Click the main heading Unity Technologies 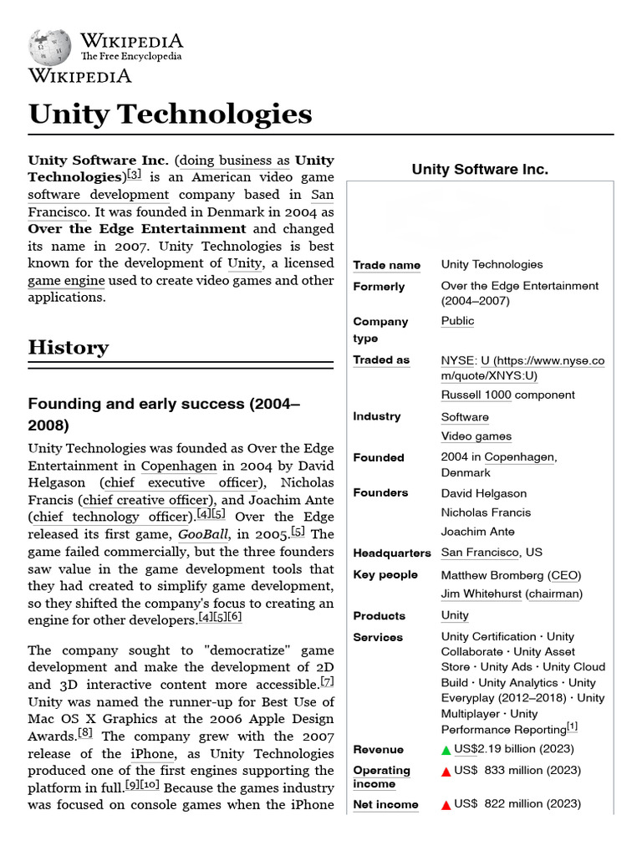[171, 114]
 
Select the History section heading [69, 348]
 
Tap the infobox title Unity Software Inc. [480, 170]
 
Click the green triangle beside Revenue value [446, 750]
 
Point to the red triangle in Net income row [446, 804]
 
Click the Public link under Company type [457, 321]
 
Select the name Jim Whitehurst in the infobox [481, 594]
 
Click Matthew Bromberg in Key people [492, 575]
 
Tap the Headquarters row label [392, 553]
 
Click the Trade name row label [386, 265]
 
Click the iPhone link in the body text [152, 753]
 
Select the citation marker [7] [327, 682]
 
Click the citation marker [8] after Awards [85, 733]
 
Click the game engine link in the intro [67, 281]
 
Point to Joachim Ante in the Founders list [477, 532]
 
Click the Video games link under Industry [476, 436]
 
